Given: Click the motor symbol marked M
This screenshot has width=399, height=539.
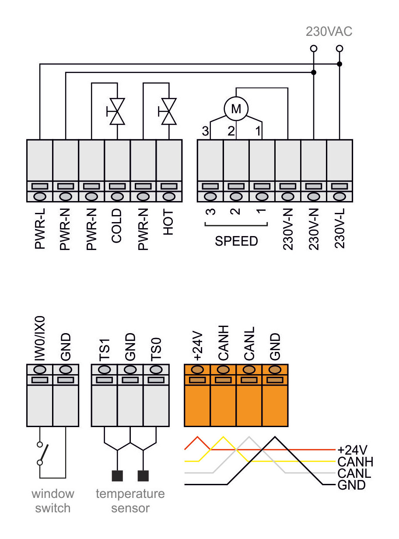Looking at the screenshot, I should (236, 108).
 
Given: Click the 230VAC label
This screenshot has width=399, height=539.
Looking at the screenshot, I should (329, 31).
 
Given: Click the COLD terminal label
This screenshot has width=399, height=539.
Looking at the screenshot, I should (117, 225).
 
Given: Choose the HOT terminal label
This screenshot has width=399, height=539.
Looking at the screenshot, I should (169, 222).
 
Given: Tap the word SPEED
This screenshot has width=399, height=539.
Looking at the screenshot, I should (236, 241).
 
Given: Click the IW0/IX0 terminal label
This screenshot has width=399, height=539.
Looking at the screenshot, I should (40, 340).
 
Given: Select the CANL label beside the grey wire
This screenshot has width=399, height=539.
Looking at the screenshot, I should (354, 473).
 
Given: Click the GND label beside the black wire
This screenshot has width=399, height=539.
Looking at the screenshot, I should (351, 485).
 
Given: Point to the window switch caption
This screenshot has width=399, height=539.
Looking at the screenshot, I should (53, 501).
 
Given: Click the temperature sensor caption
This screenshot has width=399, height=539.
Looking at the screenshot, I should (130, 501).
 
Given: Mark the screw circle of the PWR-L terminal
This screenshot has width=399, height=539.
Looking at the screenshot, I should (40, 197).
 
